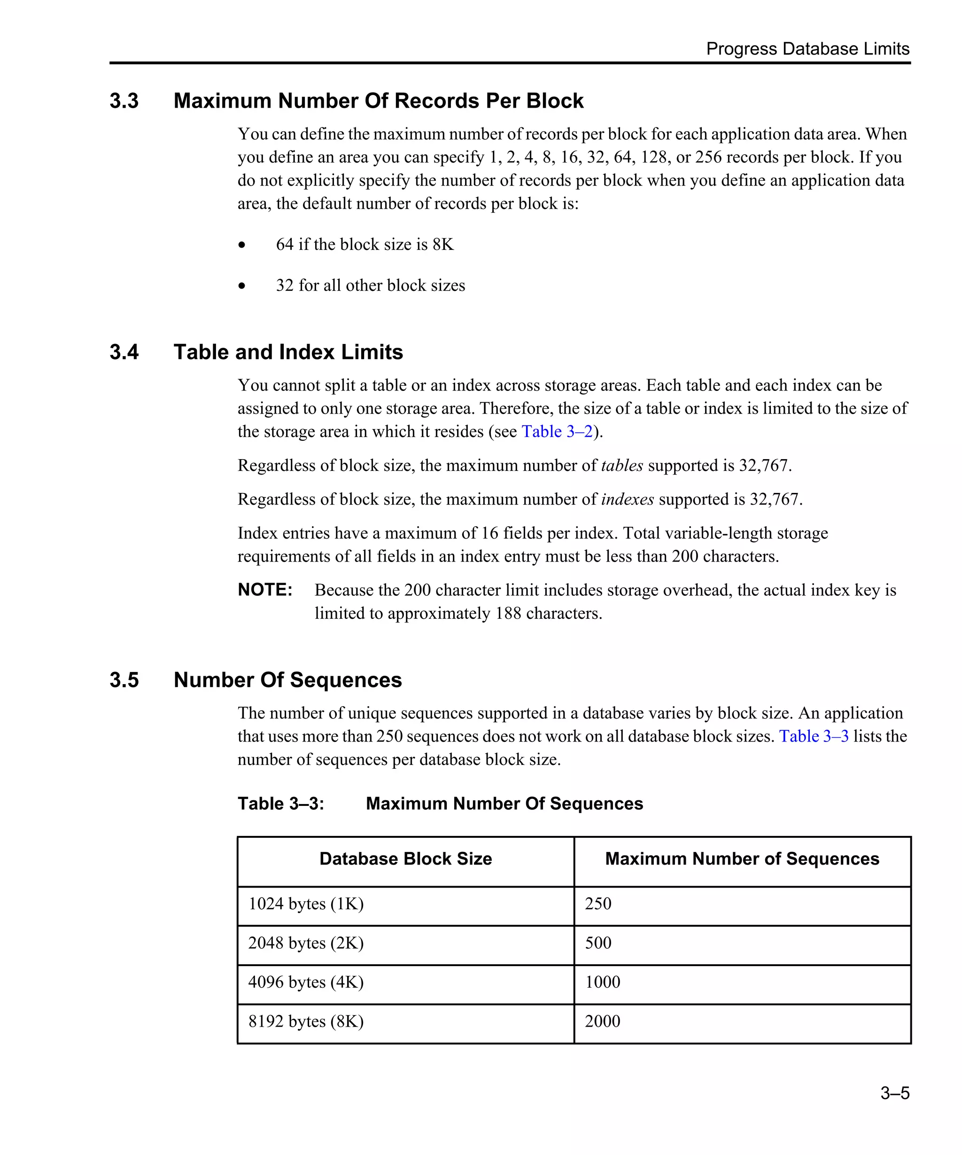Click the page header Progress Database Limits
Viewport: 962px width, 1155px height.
pyautogui.click(x=807, y=49)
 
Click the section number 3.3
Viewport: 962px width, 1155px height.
pyautogui.click(x=124, y=101)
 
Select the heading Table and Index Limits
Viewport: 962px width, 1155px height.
pyautogui.click(x=288, y=352)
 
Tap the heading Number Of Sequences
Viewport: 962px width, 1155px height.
pyautogui.click(x=287, y=680)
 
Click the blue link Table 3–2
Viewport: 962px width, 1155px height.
pyautogui.click(x=557, y=432)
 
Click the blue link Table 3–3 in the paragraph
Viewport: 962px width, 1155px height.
pyautogui.click(x=813, y=736)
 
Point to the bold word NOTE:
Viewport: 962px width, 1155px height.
pyautogui.click(x=264, y=590)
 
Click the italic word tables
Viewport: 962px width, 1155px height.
pyautogui.click(x=622, y=466)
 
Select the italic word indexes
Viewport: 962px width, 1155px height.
pyautogui.click(x=627, y=499)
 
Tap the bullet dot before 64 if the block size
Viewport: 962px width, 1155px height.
pyautogui.click(x=242, y=245)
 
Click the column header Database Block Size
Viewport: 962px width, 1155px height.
pyautogui.click(x=405, y=859)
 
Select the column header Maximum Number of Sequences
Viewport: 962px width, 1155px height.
pyautogui.click(x=742, y=859)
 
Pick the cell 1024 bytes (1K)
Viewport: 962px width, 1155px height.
pyautogui.click(x=306, y=904)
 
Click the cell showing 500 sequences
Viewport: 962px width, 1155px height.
pyautogui.click(x=598, y=943)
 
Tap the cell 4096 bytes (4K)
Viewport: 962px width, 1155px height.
pyautogui.click(x=306, y=982)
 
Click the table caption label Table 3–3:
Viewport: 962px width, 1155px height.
pyautogui.click(x=280, y=804)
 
